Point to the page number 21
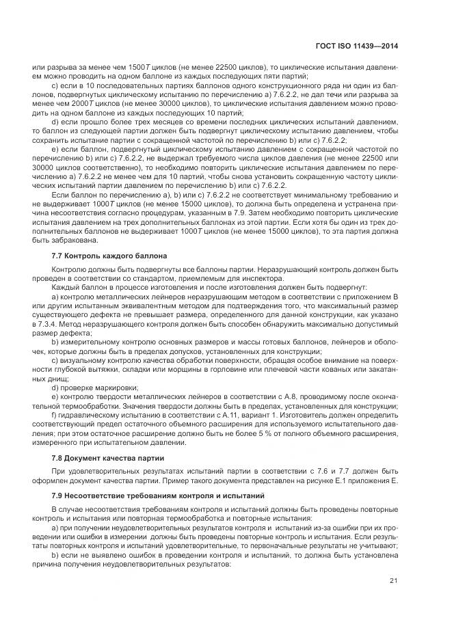click(394, 581)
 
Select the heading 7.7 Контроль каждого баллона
click(109, 256)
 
